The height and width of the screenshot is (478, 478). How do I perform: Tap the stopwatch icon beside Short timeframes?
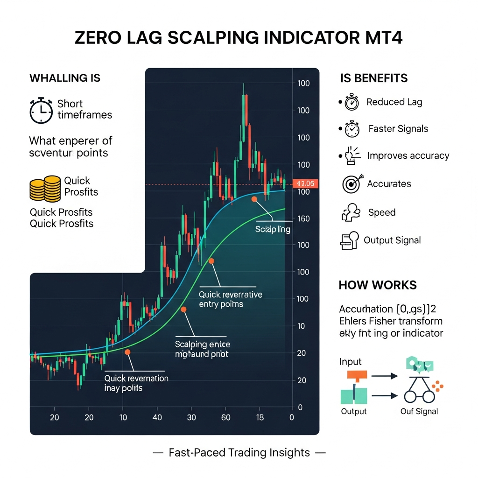(41, 110)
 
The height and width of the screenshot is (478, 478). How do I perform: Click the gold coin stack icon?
(45, 189)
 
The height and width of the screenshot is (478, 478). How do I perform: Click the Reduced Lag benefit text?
(394, 102)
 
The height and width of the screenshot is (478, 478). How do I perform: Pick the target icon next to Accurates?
(351, 184)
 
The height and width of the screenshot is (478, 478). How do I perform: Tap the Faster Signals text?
(398, 129)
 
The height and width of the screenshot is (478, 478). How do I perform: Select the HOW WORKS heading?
(378, 285)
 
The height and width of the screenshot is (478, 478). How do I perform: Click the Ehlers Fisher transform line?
(391, 321)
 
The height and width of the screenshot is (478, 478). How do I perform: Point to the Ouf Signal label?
(419, 411)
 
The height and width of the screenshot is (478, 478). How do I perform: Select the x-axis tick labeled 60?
(226, 418)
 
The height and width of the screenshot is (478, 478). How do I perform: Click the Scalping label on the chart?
(273, 230)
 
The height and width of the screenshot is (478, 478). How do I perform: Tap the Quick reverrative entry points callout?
(230, 299)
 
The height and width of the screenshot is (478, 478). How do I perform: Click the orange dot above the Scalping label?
(254, 199)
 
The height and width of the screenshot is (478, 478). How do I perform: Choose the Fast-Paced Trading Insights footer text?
(239, 452)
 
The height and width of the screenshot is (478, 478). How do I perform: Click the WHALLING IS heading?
(65, 78)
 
